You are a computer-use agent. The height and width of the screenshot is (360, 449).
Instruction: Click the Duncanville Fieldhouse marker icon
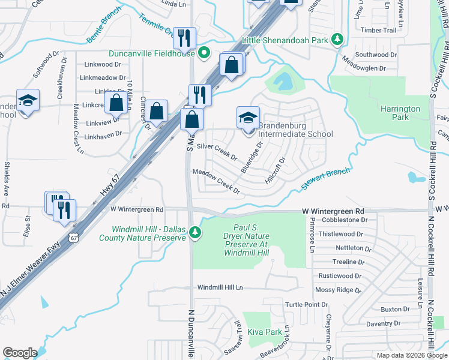click(x=204, y=53)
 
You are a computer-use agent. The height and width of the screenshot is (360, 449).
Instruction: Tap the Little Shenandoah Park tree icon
click(x=338, y=40)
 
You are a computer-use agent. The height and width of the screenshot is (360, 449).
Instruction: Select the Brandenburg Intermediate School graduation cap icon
click(x=248, y=118)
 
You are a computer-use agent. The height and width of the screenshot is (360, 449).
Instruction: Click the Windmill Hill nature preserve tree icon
click(x=194, y=232)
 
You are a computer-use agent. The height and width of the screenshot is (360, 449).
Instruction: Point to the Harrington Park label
click(x=400, y=113)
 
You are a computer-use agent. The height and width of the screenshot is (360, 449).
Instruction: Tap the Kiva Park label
click(x=265, y=332)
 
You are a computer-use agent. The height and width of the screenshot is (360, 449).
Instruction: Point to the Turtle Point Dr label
click(x=306, y=305)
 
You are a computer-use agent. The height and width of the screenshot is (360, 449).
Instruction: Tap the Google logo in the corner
click(x=20, y=353)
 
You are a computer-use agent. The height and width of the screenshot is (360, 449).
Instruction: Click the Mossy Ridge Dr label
click(x=338, y=290)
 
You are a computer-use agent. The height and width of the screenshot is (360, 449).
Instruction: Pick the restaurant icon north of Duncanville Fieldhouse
click(x=185, y=38)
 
